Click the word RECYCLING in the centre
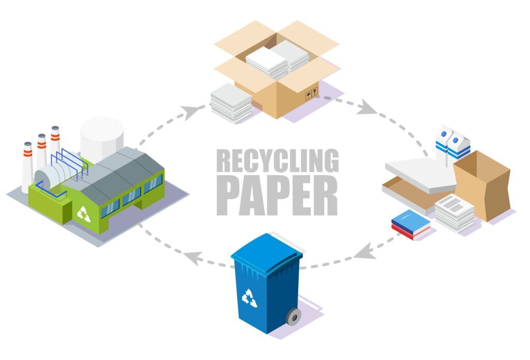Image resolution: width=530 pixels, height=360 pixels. [277, 161]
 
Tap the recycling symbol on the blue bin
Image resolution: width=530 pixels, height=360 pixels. [250, 297]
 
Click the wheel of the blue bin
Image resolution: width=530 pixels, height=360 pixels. [293, 316]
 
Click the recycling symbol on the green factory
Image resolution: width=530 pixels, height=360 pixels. [83, 213]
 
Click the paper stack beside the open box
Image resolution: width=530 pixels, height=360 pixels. [231, 102]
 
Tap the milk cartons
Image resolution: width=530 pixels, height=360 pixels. [451, 142]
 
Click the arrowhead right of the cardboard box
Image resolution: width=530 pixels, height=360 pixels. [367, 108]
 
